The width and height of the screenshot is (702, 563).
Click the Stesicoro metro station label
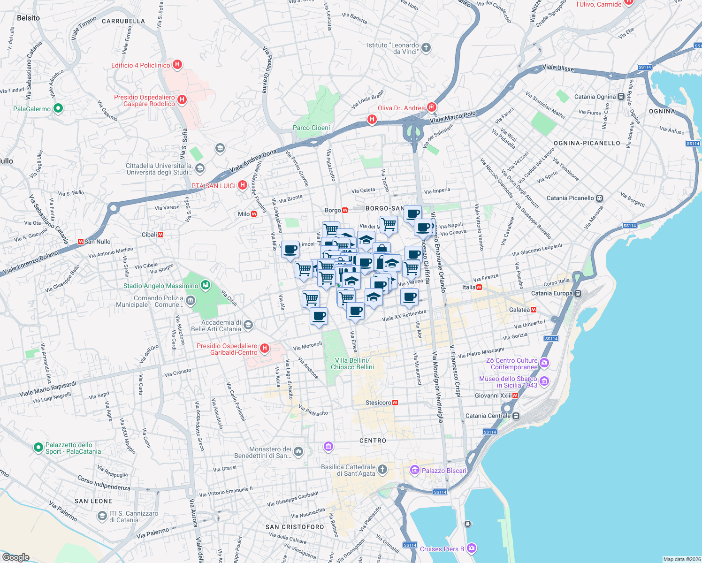point(378,403)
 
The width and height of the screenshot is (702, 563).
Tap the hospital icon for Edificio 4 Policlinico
point(177,65)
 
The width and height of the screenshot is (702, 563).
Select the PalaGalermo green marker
point(58,108)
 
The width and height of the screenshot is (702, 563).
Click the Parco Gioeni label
point(311,128)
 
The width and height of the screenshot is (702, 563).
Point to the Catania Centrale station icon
point(516,416)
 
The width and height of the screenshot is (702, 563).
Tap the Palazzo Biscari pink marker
point(414,470)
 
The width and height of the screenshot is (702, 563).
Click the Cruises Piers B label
point(442,549)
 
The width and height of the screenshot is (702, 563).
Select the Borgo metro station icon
point(345,210)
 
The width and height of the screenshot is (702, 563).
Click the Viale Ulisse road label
point(558,68)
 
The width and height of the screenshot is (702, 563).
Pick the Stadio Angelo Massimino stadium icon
point(205,285)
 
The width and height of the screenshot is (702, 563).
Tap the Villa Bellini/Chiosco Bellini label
point(352,364)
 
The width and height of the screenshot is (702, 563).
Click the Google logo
point(16,557)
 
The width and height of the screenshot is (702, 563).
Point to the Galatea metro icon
point(534,310)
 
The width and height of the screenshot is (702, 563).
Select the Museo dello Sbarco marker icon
point(544,381)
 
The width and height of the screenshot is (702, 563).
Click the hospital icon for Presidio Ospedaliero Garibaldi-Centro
point(265,348)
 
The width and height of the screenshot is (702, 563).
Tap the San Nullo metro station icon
point(80,242)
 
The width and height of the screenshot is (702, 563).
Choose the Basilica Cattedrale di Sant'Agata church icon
point(382,469)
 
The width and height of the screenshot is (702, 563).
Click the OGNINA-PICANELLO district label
point(587,143)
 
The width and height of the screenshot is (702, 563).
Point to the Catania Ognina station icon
point(621,97)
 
